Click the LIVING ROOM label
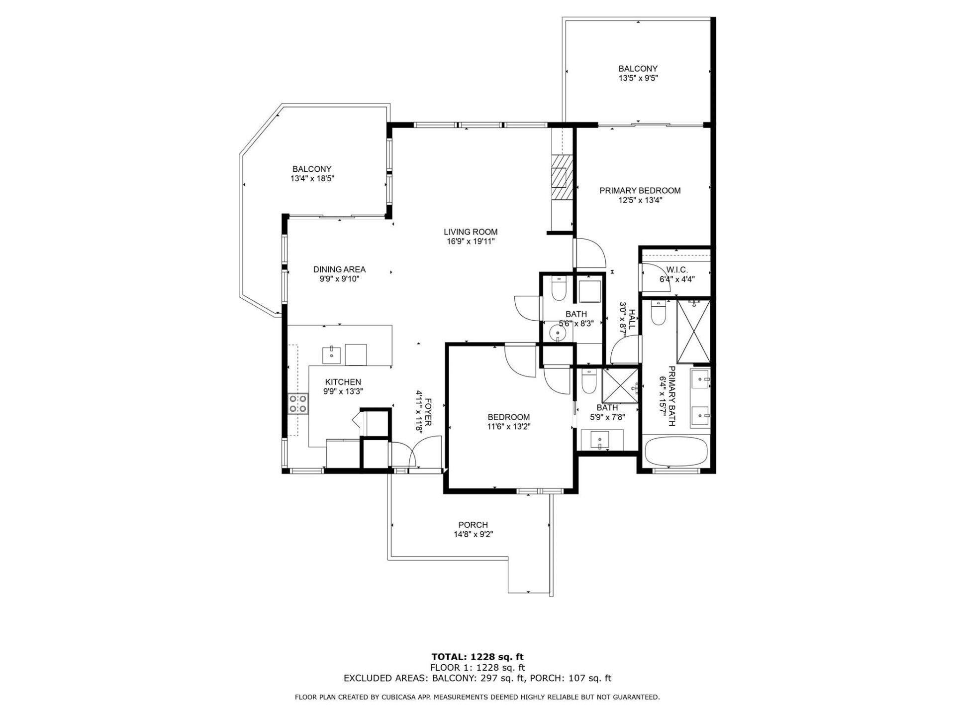coord(470,232)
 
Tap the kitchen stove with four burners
coord(298,403)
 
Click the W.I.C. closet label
coord(677,269)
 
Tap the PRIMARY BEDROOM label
coord(640,190)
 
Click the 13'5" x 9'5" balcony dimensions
coord(638,78)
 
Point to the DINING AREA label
coord(339,269)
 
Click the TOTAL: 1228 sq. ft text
coord(477,657)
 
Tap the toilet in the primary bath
coord(658,314)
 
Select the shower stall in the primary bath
coord(694,332)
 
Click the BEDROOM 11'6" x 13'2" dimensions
coord(508,426)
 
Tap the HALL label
coord(632,319)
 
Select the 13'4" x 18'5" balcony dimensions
coord(312,178)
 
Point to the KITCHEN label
coord(343,382)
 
